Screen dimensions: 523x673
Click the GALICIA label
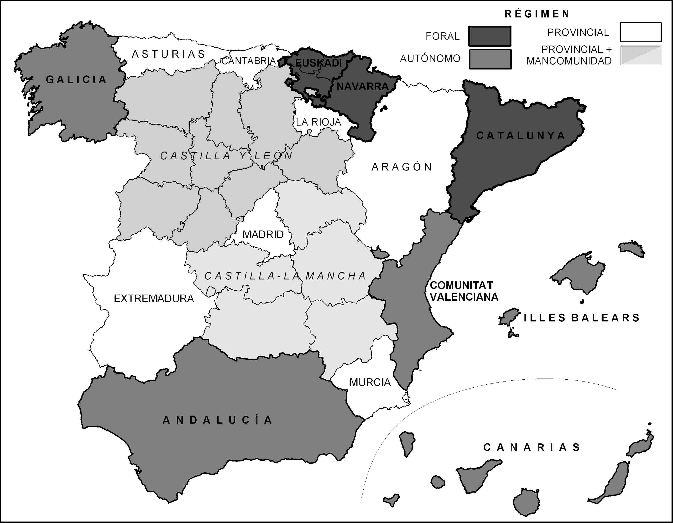tap(76, 80)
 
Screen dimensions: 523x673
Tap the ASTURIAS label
tap(168, 54)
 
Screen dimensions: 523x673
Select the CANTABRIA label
tap(248, 61)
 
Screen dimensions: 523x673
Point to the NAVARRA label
tap(362, 86)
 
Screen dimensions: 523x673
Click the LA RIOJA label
tap(318, 122)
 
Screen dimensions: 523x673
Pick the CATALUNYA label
tap(521, 135)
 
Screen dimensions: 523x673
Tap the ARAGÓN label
tap(402, 167)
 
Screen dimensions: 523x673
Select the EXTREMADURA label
tap(154, 299)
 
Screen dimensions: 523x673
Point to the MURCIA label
tap(370, 382)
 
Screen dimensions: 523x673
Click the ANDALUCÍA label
tap(218, 420)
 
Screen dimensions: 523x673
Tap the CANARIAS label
tap(532, 447)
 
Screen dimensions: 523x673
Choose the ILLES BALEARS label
tap(582, 318)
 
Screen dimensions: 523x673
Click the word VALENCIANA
tap(464, 297)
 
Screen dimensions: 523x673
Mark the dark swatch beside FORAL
tap(490, 36)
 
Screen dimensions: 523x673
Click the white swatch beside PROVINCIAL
tap(641, 32)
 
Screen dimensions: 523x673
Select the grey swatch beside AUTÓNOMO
tap(490, 59)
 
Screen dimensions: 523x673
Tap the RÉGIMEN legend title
tap(537, 14)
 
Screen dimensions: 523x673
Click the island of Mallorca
tap(579, 273)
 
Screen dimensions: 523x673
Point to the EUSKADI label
tap(318, 63)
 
